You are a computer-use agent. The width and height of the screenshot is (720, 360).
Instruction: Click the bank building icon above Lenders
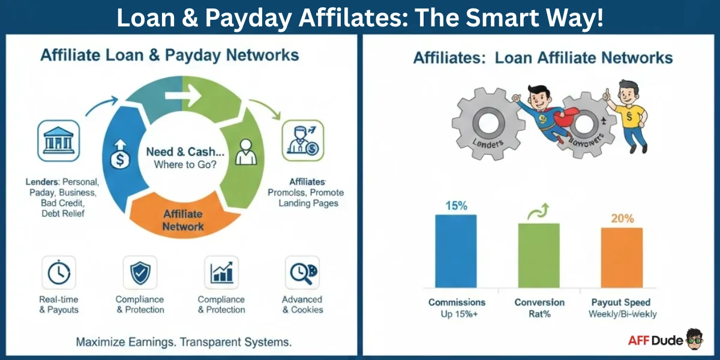[58, 140]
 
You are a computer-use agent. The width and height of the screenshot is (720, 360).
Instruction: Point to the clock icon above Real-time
[58, 273]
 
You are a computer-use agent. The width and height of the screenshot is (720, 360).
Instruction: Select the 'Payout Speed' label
[622, 302]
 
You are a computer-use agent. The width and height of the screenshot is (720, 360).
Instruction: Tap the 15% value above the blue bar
[455, 205]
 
